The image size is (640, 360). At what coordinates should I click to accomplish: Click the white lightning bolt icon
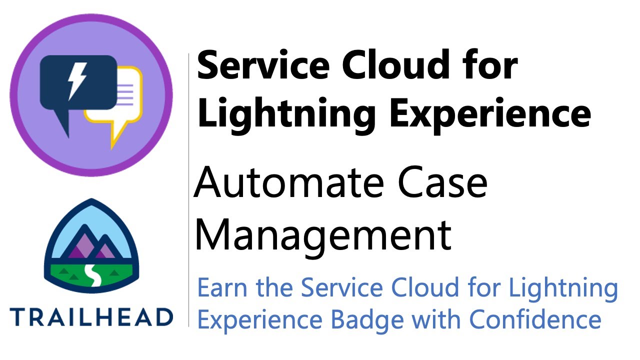tap(77, 81)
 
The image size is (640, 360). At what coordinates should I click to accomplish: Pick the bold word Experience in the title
tap(490, 114)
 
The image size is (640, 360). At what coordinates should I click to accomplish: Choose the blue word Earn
tap(222, 288)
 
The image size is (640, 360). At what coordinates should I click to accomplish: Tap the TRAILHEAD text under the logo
tap(91, 317)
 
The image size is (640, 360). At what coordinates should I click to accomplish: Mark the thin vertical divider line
tap(188, 190)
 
